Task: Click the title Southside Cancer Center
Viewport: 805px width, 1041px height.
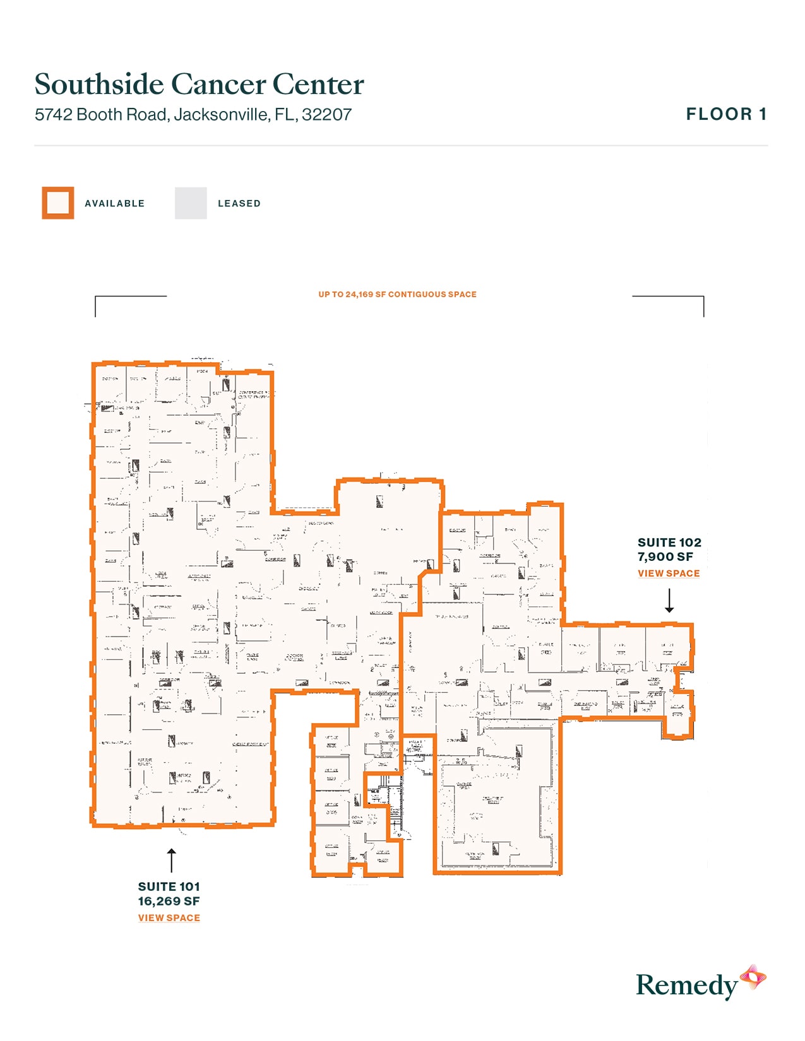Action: point(199,85)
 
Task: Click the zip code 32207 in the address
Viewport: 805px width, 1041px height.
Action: point(326,115)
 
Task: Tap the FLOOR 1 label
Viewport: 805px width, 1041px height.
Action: point(726,114)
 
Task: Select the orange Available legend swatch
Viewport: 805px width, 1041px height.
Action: point(58,203)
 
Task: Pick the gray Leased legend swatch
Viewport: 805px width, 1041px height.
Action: point(191,203)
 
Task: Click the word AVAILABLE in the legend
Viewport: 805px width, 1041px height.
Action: point(115,204)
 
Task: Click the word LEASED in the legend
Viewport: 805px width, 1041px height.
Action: point(239,204)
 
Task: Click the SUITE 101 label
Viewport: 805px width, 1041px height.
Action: point(169,886)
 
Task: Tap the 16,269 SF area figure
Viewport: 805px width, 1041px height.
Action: point(169,902)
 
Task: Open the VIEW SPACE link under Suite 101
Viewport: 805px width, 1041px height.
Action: point(169,918)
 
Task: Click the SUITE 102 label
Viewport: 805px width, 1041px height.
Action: point(669,543)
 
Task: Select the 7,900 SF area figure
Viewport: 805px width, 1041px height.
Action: point(665,557)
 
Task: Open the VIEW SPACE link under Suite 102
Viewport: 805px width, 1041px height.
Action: point(669,573)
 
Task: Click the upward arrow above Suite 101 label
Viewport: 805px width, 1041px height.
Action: point(171,861)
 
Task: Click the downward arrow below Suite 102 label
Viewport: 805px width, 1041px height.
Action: point(669,601)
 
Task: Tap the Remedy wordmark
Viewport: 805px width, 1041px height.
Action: point(686,985)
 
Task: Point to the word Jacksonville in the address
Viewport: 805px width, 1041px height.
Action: point(221,115)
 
